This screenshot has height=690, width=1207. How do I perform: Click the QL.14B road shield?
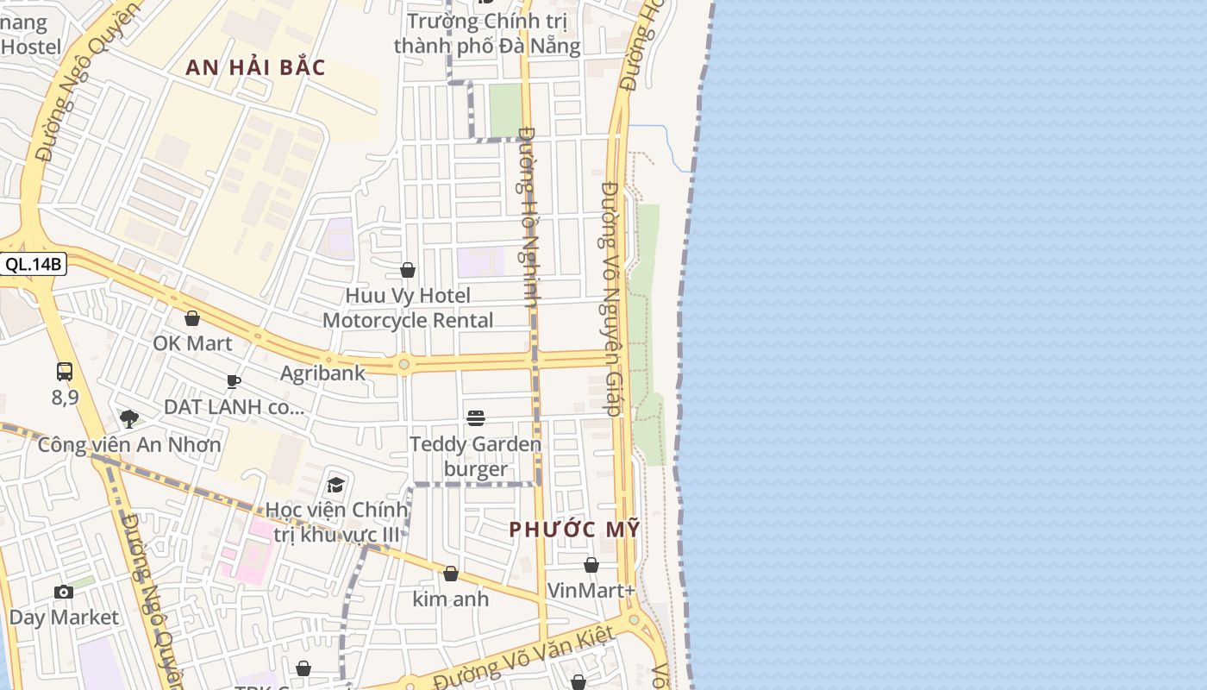point(34,265)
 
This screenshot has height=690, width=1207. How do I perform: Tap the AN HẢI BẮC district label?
point(255,68)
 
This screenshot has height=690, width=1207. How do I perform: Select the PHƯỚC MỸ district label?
point(575,529)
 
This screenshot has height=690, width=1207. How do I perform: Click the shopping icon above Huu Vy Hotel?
point(408,271)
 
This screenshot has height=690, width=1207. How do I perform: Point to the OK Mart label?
point(192,343)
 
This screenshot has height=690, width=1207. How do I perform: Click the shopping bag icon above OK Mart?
point(192,319)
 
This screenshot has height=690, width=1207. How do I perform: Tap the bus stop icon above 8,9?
point(65,372)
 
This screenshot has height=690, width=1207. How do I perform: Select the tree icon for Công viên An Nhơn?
point(129,419)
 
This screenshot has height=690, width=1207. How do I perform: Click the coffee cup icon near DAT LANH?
point(233,381)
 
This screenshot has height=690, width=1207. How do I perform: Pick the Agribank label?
point(322,373)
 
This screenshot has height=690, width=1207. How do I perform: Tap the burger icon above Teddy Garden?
point(476,418)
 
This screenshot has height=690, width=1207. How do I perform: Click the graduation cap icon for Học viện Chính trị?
point(335,485)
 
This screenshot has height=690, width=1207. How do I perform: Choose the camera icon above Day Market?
point(64,592)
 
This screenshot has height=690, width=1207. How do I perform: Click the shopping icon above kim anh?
point(450,574)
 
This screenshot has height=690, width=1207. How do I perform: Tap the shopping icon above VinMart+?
point(591,566)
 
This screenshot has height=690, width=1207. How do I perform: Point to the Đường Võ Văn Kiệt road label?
point(524,658)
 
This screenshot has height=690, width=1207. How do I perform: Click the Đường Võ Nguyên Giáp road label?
point(611,298)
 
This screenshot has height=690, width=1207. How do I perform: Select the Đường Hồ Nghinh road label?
point(528,217)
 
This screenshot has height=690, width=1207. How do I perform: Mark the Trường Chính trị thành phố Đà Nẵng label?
point(487,33)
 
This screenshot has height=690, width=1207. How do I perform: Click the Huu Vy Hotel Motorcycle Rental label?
point(408,308)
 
